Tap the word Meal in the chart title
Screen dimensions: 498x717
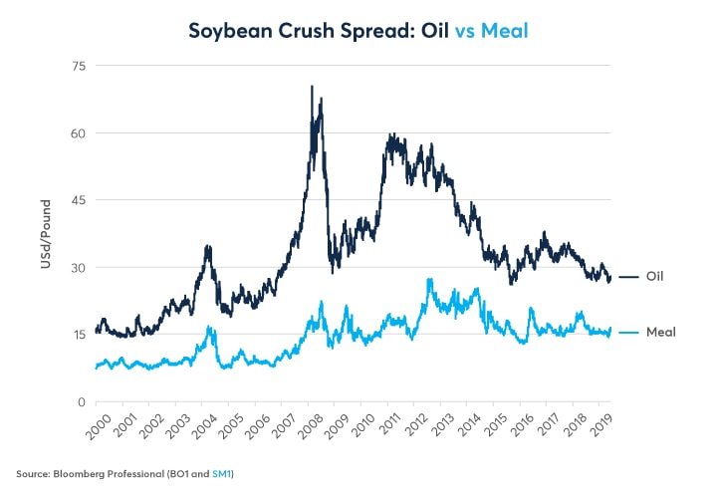[x=504, y=31]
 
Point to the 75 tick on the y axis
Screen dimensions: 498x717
[x=77, y=66]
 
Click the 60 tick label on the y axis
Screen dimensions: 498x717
[x=77, y=133]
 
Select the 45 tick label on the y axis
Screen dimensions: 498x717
[x=77, y=200]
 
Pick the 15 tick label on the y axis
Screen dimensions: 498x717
[x=77, y=335]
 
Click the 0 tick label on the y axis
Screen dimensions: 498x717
[x=81, y=401]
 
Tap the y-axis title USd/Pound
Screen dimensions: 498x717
[x=44, y=233]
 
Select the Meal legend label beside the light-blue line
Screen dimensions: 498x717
[x=661, y=332]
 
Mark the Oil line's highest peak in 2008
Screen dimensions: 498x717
[x=312, y=87]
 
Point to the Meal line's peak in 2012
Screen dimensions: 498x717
[x=429, y=280]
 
